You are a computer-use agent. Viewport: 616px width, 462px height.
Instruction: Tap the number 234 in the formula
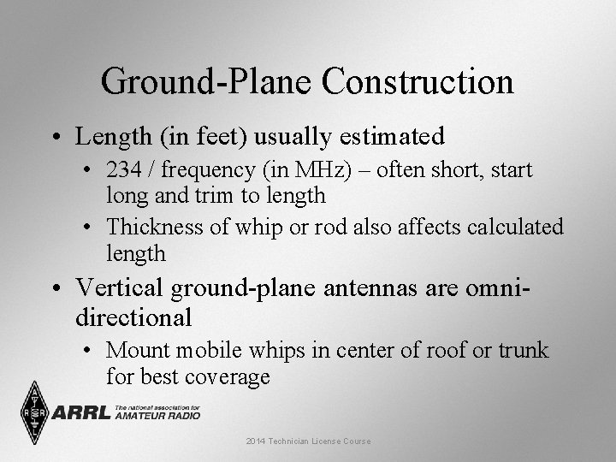(125, 170)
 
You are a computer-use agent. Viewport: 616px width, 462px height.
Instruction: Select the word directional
(133, 317)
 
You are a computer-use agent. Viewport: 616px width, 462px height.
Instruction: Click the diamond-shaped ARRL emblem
(34, 412)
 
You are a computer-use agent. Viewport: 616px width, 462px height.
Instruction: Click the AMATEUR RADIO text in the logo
(157, 416)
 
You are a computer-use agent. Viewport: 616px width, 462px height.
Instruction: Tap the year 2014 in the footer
(256, 441)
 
